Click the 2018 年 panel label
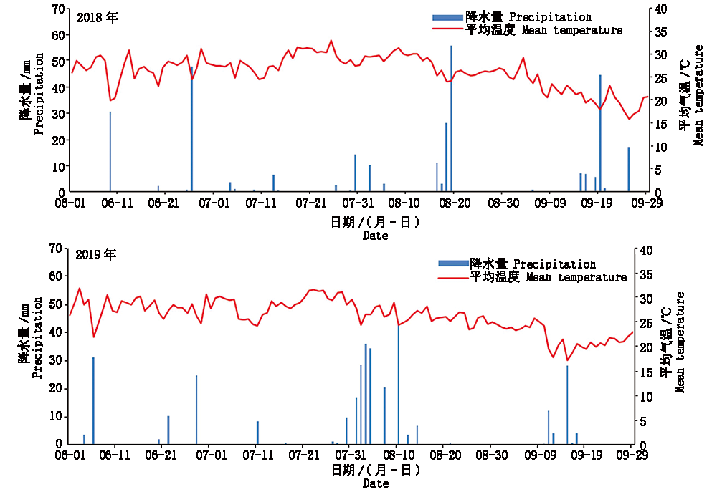point(97,18)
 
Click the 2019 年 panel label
point(95,254)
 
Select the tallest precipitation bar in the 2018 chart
point(451,119)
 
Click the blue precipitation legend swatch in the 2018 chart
point(447,17)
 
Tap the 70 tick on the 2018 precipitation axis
point(59,9)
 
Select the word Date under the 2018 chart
point(375,235)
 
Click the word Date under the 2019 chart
point(375,484)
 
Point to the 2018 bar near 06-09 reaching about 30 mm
point(110,152)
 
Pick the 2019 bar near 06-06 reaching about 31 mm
point(93,400)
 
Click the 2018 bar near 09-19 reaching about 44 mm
point(600,134)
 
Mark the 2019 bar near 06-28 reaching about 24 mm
point(196,410)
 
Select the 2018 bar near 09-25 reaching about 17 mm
point(629,170)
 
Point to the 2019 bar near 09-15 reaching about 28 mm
point(567,405)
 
